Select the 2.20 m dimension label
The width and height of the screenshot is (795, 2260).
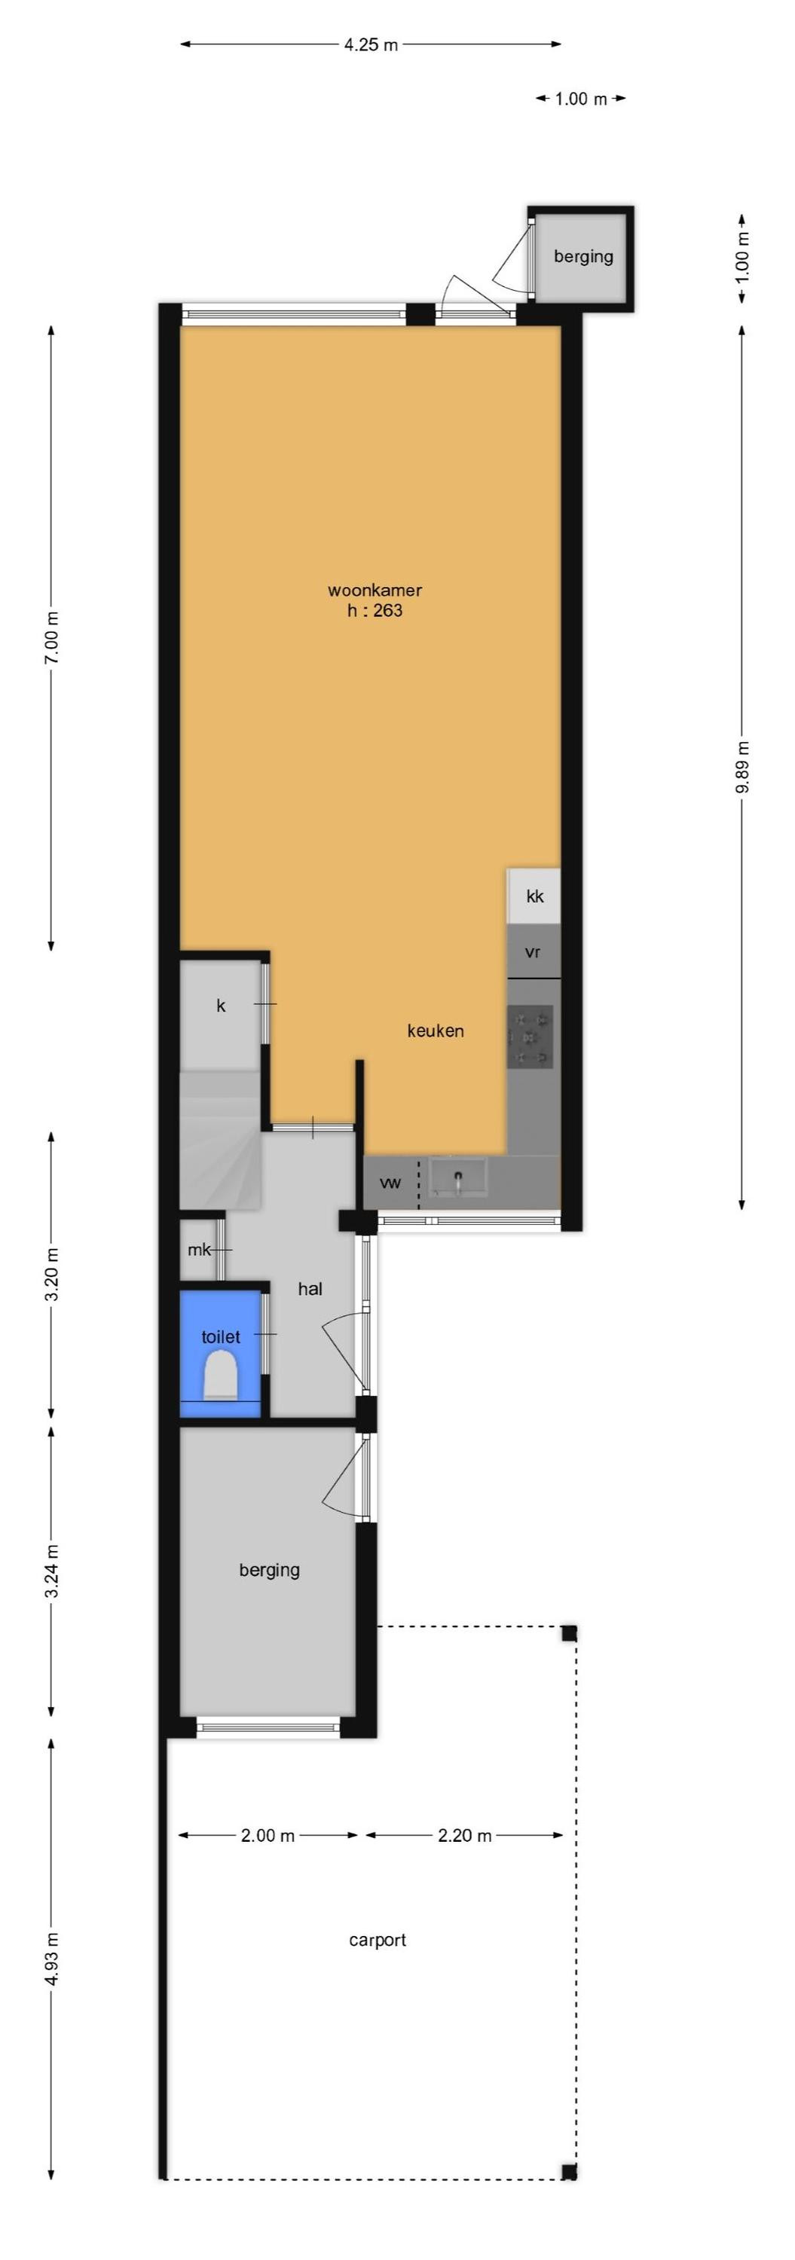(464, 1835)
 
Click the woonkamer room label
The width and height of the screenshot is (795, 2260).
(375, 591)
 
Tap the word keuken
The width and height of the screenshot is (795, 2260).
(436, 1031)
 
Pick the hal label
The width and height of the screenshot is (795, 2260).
(310, 1289)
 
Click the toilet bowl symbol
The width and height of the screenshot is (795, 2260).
(220, 1375)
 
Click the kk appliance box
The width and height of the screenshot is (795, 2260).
(534, 896)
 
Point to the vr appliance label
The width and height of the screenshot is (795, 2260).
(533, 952)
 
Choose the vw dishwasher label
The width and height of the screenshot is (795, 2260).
(390, 1183)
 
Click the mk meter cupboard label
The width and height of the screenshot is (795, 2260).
(198, 1249)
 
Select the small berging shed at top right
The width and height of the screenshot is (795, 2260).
(582, 257)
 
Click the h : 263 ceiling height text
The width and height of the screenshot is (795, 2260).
(375, 611)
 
